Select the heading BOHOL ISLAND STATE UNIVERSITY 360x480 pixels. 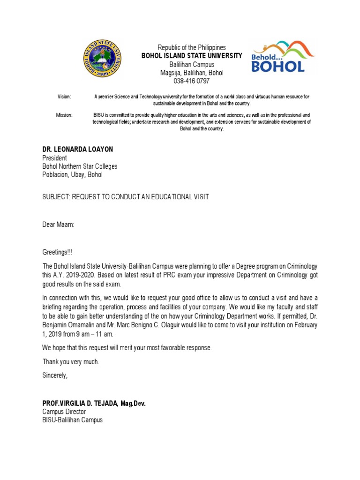pos(192,56)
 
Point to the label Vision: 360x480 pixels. pos(64,97)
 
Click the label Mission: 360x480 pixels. pos(64,115)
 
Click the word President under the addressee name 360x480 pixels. pos(55,158)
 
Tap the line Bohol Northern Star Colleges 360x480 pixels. pos(80,166)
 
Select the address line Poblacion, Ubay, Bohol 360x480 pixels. pos(72,175)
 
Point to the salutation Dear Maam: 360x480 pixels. pos(58,225)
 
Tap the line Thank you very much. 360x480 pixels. pos(71,361)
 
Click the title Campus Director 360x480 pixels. pos(64,412)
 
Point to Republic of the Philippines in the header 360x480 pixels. pos(191,47)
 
